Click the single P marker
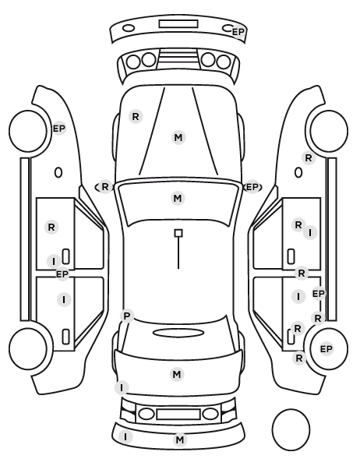pyautogui.click(x=127, y=316)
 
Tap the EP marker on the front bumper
pyautogui.click(x=238, y=32)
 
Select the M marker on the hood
pyautogui.click(x=178, y=138)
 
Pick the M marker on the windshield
pyautogui.click(x=178, y=198)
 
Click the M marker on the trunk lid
pyautogui.click(x=177, y=374)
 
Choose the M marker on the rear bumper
pyautogui.click(x=180, y=440)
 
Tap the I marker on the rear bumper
pyautogui.click(x=125, y=437)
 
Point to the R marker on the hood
pyautogui.click(x=136, y=117)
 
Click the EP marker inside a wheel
pyautogui.click(x=326, y=348)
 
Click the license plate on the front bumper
pyautogui.click(x=178, y=24)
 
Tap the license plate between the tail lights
pyautogui.click(x=178, y=414)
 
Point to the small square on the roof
pyautogui.click(x=178, y=233)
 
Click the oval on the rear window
pyautogui.click(x=178, y=333)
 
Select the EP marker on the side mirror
pyautogui.click(x=252, y=187)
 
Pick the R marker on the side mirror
pyautogui.click(x=105, y=187)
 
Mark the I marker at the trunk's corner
pyautogui.click(x=122, y=388)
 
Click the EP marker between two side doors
pyautogui.click(x=62, y=274)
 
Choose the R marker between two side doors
pyautogui.click(x=302, y=273)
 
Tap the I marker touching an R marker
pyautogui.click(x=310, y=232)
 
